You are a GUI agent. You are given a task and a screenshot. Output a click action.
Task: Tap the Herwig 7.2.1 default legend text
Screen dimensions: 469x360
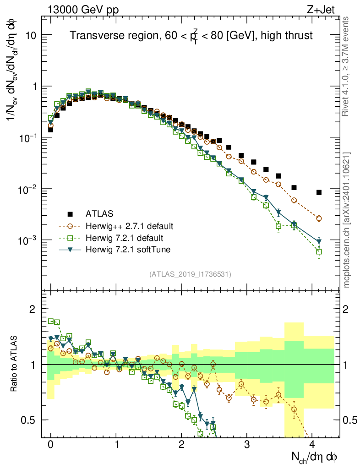point(124,238)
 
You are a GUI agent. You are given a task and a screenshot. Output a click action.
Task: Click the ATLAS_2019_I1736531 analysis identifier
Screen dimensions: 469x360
point(190,274)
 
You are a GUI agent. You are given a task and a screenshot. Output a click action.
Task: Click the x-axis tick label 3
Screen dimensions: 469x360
point(247,445)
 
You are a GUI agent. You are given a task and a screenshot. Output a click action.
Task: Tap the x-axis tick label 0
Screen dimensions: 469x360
point(51,445)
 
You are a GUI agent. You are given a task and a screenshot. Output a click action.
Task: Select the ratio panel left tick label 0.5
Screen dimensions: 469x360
point(29,420)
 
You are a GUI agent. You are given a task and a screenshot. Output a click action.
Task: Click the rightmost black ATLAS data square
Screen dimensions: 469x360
point(319,192)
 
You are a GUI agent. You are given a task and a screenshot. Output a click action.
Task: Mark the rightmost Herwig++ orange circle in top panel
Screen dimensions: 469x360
point(319,218)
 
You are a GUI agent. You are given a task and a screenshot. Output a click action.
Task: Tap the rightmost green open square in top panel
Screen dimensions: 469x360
point(319,251)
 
